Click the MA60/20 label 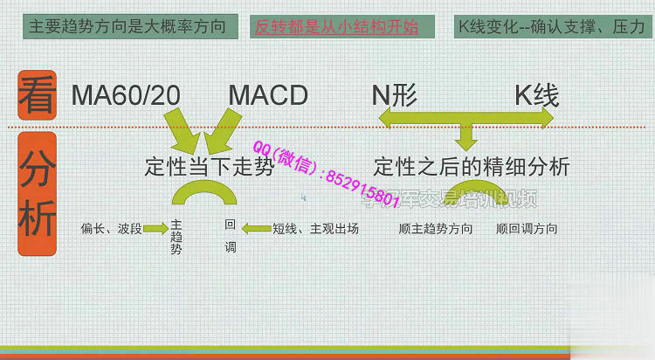tap(126, 95)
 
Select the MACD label tap(268, 95)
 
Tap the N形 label tap(396, 95)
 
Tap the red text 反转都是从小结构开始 tap(333, 27)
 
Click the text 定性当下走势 tap(209, 166)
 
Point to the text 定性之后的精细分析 tap(472, 166)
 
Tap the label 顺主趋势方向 tap(436, 229)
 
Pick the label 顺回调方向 tap(527, 229)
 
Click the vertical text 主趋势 tap(176, 237)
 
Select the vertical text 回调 tap(231, 236)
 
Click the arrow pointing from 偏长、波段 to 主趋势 tap(155, 229)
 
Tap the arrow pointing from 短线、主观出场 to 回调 tap(257, 229)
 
